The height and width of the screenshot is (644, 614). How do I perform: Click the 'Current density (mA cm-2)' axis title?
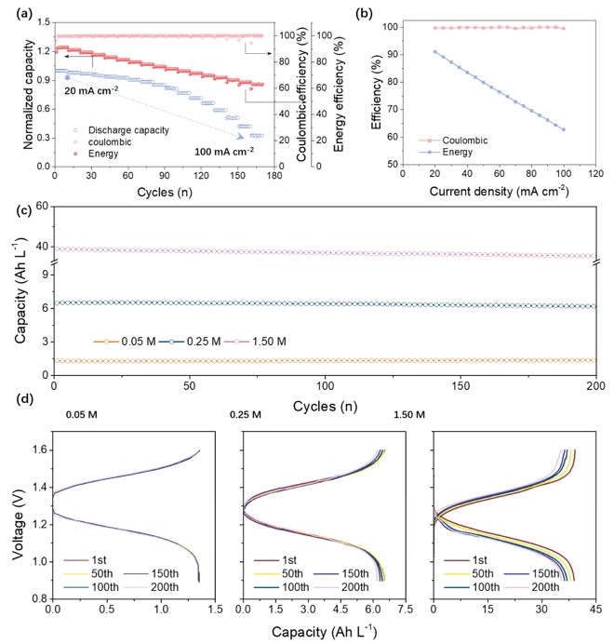click(503, 192)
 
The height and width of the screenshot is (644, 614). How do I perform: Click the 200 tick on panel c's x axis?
click(596, 385)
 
